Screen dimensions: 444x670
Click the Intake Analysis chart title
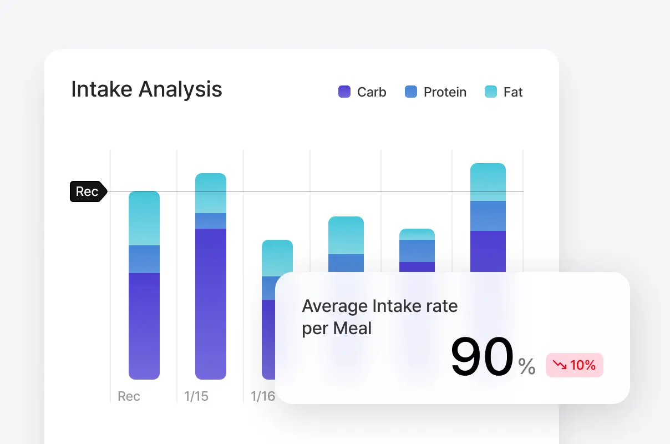pos(146,89)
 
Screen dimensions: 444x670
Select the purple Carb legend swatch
pos(344,92)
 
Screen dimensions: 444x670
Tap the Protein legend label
pos(445,92)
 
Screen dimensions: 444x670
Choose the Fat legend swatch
pos(491,92)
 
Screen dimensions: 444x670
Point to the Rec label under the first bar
pos(129,396)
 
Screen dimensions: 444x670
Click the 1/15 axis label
pos(196,396)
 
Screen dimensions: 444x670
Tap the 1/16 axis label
pos(263,396)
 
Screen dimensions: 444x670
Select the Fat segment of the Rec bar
pos(144,218)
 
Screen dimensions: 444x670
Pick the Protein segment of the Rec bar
pos(144,259)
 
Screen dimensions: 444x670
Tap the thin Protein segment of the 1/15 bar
pos(211,221)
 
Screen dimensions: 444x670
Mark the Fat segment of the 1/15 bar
pos(211,193)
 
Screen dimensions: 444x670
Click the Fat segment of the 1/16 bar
pos(277,258)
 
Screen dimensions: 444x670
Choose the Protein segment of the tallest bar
pos(488,216)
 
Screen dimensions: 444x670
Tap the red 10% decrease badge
pos(574,365)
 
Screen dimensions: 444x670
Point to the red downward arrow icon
pos(559,365)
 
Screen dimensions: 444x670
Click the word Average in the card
pos(334,306)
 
